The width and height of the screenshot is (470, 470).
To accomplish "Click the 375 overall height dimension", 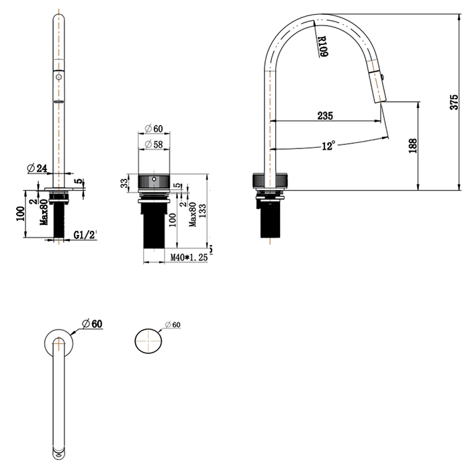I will click(454, 101).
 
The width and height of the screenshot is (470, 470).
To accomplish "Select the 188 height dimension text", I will click(412, 146).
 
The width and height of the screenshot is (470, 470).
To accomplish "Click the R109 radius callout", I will click(323, 45).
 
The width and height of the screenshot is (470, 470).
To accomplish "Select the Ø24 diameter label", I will click(37, 169).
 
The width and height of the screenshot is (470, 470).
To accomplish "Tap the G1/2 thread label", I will click(85, 235).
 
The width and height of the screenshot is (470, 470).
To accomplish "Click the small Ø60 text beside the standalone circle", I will click(173, 325).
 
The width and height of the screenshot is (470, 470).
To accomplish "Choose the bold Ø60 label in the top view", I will click(92, 324).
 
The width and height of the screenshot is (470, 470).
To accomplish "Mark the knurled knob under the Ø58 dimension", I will click(154, 182).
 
